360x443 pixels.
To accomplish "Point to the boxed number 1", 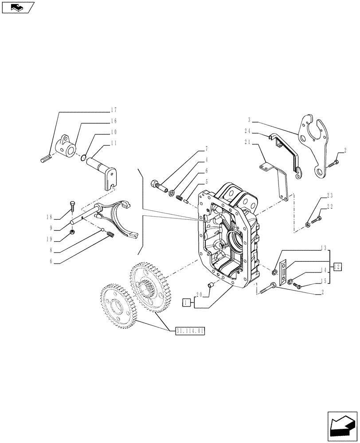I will tap(187, 303).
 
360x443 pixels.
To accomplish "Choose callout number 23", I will tap(329, 195).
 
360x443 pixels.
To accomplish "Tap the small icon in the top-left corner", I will tap(17, 7).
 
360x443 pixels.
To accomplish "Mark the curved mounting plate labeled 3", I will tap(315, 146).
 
